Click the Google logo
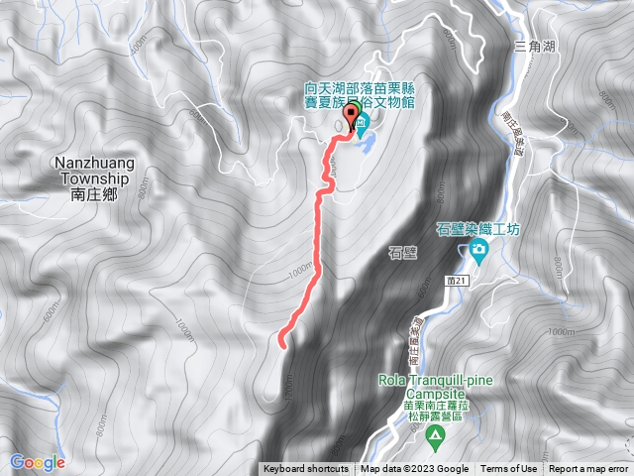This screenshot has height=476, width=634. [38, 462]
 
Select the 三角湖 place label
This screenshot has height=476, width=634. [534, 46]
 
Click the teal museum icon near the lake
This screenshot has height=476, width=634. [361, 127]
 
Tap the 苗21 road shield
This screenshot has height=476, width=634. [455, 283]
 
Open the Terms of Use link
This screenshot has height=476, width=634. [509, 469]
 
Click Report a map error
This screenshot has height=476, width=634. [590, 469]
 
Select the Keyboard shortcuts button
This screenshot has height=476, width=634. [306, 469]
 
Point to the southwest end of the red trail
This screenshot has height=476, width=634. [282, 344]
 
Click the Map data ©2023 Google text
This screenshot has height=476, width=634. [415, 469]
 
